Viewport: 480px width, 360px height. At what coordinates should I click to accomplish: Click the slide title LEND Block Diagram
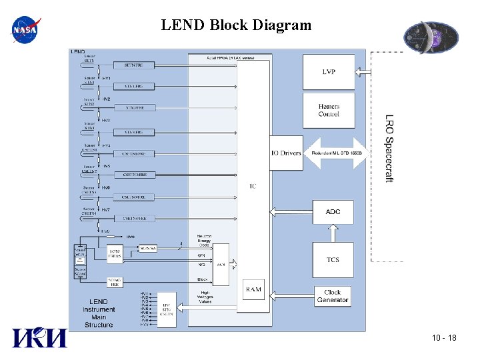[236, 26]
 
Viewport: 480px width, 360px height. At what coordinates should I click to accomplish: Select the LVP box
[329, 71]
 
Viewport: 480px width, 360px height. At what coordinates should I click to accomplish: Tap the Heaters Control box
[329, 111]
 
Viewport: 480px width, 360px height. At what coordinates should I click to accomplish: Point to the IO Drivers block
[286, 153]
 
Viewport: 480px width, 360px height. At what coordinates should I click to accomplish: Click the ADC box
[333, 211]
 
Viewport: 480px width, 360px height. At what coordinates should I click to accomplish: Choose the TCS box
[333, 260]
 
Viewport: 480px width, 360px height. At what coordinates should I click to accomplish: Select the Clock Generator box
[333, 296]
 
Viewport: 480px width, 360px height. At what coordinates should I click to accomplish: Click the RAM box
[254, 289]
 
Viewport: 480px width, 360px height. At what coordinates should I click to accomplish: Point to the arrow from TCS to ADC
[333, 233]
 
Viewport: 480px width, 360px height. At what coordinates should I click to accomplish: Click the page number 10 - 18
[443, 339]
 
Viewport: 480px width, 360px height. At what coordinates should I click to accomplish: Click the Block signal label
[203, 279]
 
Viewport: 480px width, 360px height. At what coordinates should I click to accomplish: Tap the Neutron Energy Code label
[204, 241]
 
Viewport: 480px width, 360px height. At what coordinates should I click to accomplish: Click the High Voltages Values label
[207, 297]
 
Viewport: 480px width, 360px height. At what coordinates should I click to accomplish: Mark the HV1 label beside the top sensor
[107, 78]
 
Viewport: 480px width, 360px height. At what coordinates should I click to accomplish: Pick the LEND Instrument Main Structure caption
[98, 313]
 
